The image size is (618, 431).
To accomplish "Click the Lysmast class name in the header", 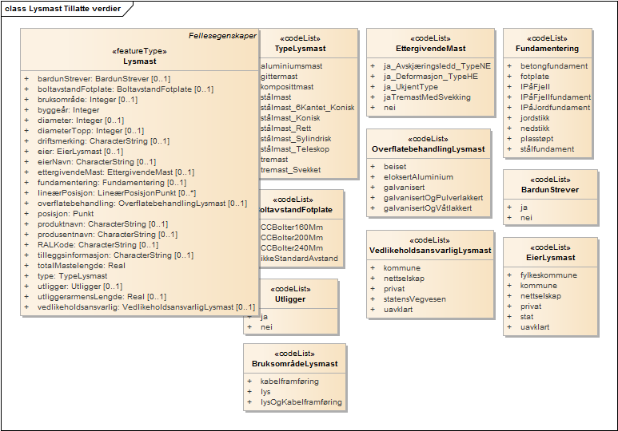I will pos(139,61).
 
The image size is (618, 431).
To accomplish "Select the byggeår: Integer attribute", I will pos(69,110).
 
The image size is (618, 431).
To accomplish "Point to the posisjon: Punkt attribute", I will pos(66,214).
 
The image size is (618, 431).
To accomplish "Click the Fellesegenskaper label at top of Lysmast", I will pos(221,36).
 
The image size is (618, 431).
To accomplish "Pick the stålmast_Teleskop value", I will pos(297,148).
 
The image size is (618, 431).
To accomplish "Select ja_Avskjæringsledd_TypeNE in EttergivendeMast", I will pos(437,66).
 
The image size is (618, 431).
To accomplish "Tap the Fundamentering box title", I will pos(547,49).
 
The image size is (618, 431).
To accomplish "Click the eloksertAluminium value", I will pos(418,177).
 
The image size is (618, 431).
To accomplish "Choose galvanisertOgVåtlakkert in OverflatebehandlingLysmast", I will pos(428,208).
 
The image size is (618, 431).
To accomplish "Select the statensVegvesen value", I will pos(415,299).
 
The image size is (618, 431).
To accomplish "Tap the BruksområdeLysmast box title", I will pos(294,364).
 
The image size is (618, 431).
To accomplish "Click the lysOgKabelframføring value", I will pos(301,402).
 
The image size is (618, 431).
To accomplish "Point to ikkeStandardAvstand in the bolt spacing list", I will pos(299,259).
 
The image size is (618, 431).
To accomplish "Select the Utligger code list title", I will pos(290,299).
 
